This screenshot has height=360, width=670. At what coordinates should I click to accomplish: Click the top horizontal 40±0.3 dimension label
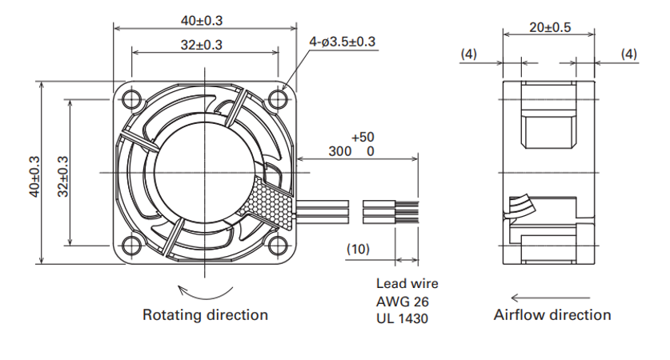(202, 21)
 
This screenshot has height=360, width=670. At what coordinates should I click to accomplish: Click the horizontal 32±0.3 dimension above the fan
(202, 45)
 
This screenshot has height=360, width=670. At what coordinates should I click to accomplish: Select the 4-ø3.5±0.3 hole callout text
(343, 42)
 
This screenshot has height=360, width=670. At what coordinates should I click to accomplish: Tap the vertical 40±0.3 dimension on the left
(34, 176)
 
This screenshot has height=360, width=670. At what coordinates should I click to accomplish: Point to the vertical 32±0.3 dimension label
(62, 176)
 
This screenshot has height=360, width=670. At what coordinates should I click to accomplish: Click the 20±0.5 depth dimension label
(550, 27)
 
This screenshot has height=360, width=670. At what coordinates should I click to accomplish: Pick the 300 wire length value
(339, 151)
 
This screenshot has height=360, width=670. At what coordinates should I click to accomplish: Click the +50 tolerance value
(363, 137)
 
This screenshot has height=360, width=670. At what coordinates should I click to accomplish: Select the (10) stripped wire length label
(358, 249)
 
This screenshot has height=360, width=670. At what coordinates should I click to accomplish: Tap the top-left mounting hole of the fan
(131, 99)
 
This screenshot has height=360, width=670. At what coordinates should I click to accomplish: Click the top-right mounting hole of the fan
(279, 99)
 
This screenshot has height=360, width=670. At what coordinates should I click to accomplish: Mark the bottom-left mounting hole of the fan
(131, 246)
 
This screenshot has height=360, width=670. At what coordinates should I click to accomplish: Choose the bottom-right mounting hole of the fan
(279, 246)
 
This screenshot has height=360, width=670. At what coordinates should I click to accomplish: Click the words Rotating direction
(205, 314)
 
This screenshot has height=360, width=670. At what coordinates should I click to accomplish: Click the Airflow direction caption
(552, 314)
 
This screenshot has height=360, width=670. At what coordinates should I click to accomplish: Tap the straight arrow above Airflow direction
(551, 298)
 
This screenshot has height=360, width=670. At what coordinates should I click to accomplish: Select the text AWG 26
(402, 302)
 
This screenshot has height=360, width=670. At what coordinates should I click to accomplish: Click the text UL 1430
(402, 318)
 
